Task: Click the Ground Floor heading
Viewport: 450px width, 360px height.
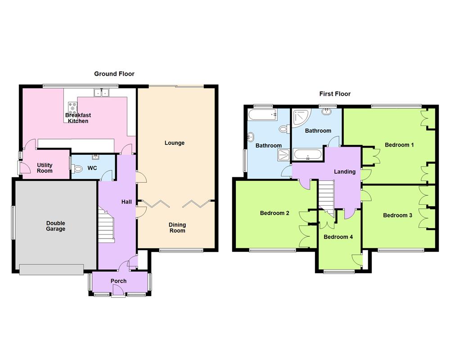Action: [114, 74]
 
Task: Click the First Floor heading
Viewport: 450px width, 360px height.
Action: [335, 94]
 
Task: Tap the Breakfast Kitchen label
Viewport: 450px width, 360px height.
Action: [78, 118]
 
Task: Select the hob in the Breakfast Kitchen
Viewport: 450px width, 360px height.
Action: [72, 107]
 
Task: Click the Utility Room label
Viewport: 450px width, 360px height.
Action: [45, 168]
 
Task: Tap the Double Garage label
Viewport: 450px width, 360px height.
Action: [56, 226]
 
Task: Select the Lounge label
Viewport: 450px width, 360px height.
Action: [175, 143]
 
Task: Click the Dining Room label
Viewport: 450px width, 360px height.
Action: [177, 228]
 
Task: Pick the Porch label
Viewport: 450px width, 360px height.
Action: [119, 281]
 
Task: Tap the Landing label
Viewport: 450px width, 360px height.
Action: [345, 171]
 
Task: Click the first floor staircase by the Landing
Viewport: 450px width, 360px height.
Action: [327, 194]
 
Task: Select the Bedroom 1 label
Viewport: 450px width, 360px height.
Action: [399, 145]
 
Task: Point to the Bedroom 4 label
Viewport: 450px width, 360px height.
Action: [338, 237]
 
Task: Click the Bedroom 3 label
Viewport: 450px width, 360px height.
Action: [397, 216]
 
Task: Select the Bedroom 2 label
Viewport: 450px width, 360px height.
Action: [274, 213]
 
